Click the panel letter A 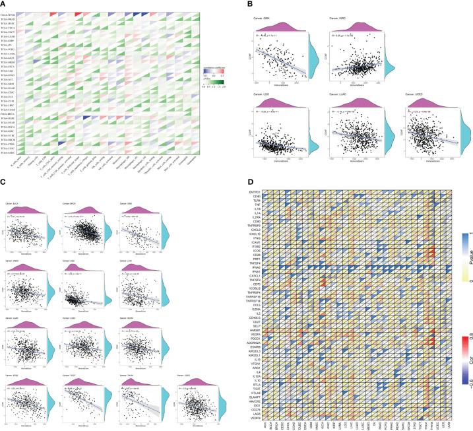point(4,3)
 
